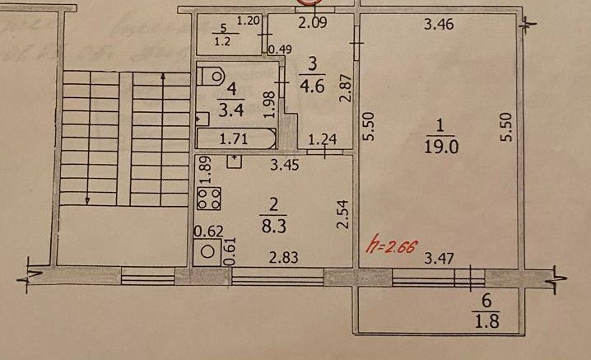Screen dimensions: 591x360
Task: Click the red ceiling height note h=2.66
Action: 392,245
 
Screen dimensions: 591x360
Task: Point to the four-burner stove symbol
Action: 209,199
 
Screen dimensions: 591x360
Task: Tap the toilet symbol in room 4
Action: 213,77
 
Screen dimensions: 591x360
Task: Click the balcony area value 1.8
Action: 486,314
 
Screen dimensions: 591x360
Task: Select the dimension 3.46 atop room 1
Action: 438,25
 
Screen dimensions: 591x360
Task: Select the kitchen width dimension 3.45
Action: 285,166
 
